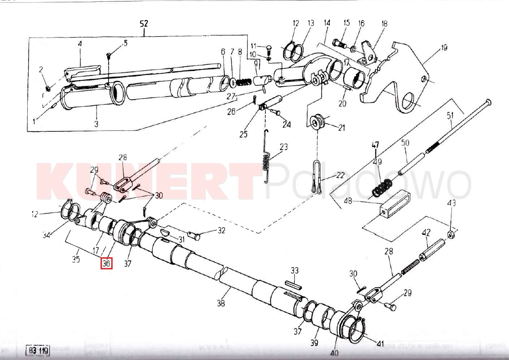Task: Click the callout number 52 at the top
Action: point(144,24)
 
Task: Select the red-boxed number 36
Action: point(106,264)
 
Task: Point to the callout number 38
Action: point(221,303)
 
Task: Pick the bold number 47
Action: point(375,145)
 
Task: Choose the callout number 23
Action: point(283,147)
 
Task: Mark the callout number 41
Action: point(380,343)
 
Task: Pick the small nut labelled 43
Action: point(451,234)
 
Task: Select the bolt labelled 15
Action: point(341,44)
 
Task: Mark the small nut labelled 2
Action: point(48,87)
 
